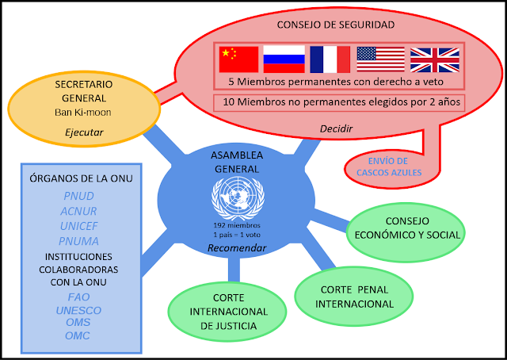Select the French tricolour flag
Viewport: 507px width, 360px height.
[330, 59]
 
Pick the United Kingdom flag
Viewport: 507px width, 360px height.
[434, 59]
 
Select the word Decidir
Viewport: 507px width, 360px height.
[336, 127]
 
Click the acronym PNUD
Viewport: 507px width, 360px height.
[78, 195]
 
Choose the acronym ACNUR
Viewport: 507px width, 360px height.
[78, 211]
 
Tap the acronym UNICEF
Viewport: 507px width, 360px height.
[78, 226]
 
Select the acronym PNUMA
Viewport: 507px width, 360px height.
[78, 241]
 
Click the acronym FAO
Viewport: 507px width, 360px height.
[78, 297]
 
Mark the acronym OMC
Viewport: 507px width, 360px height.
[78, 335]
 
